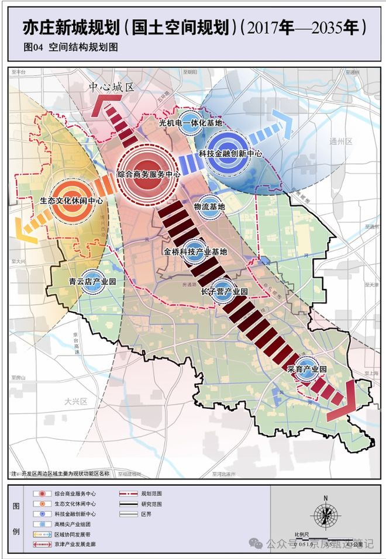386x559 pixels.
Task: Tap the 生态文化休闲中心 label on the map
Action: [71, 199]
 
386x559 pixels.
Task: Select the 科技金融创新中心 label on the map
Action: [230, 153]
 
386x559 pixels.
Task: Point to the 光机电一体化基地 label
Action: [191, 123]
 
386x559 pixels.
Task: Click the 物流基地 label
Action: [209, 207]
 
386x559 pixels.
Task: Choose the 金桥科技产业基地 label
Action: [195, 252]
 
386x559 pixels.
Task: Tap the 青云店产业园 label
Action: [92, 281]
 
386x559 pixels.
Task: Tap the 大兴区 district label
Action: [75, 402]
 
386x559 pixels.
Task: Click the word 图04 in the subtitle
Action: [33, 48]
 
